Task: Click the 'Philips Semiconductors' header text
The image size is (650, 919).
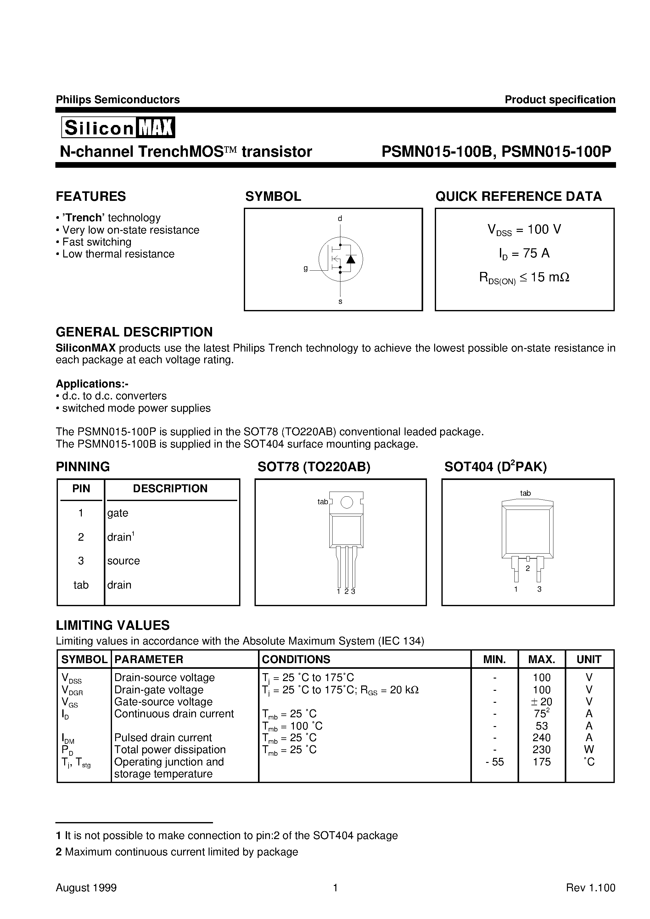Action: [x=118, y=100]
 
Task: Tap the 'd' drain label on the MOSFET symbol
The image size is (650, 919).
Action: [x=340, y=218]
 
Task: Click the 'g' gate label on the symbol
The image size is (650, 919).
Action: [x=306, y=268]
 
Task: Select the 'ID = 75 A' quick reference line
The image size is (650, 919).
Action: [x=524, y=253]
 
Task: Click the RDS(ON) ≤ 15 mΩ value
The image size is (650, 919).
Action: [x=524, y=277]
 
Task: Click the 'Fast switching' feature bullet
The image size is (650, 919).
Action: [x=97, y=242]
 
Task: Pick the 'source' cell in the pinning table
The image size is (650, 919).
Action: [x=123, y=561]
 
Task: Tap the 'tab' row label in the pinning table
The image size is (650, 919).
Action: [x=81, y=585]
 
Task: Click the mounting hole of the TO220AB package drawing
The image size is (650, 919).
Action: [x=347, y=502]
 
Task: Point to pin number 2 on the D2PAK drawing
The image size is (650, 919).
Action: [x=528, y=568]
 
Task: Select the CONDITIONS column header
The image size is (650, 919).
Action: [x=296, y=659]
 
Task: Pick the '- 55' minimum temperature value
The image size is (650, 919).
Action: [x=495, y=762]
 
